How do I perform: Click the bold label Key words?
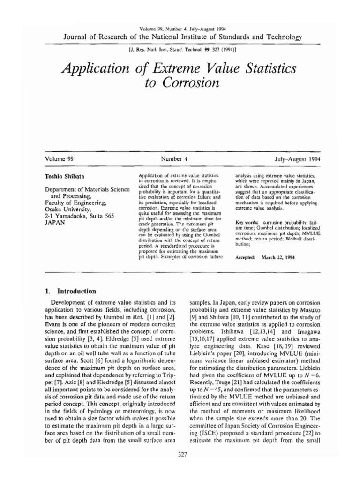tap(247, 221)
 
